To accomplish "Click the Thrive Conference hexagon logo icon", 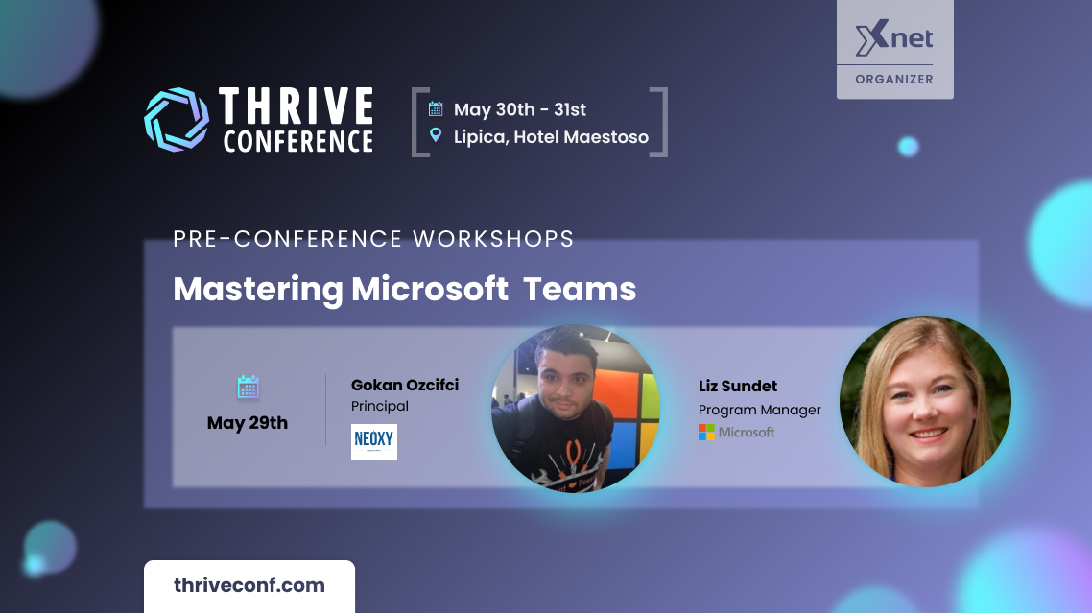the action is tap(177, 119).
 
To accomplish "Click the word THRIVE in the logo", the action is tap(297, 106).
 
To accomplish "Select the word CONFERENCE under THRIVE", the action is tap(298, 141).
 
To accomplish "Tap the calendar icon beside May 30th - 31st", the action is tap(436, 108).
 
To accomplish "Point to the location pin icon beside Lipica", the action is tap(436, 135).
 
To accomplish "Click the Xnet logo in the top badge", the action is tap(894, 38).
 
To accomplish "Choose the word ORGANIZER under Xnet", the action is tap(894, 80).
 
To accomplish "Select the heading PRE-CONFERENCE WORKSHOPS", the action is tap(373, 239).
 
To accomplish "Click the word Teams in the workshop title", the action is tap(580, 289).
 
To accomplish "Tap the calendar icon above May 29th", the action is tap(248, 387).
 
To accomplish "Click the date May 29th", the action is tap(248, 423).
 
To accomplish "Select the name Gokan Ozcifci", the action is tap(405, 386).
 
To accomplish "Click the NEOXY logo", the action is tap(374, 441).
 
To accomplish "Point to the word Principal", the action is tap(380, 406).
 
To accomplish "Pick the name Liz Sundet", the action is tap(738, 386).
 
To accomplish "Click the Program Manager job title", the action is tap(760, 411).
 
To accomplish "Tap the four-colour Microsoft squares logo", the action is tap(706, 433).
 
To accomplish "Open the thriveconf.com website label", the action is tap(249, 585).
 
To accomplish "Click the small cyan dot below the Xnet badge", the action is tap(908, 147).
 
